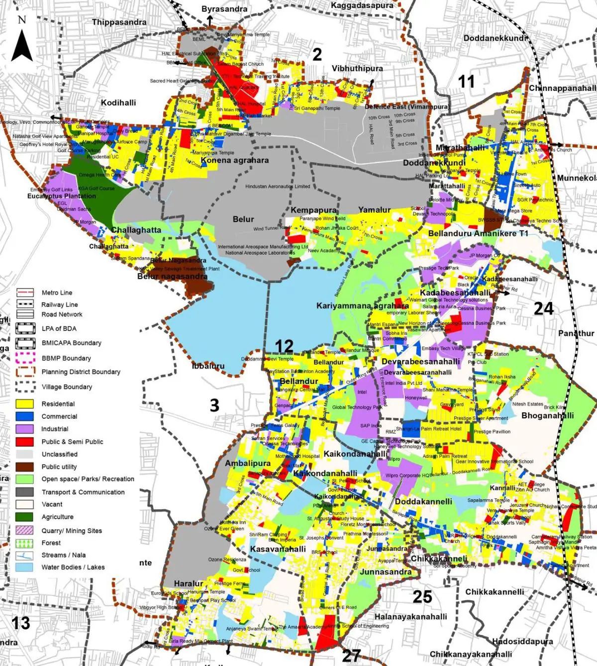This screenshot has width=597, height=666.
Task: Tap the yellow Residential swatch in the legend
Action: [25, 404]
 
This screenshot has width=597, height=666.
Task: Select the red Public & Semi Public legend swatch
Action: [25, 442]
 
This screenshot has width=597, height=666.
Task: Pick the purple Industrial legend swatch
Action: [25, 429]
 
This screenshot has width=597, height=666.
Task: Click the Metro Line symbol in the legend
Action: [25, 292]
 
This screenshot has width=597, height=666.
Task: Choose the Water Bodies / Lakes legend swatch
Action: [25, 567]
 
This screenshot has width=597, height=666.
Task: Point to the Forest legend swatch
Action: [25, 543]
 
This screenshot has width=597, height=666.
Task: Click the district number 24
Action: [543, 309]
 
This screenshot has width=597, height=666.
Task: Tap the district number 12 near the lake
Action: [284, 346]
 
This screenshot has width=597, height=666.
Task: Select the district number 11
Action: [466, 82]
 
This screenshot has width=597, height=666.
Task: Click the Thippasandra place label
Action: [119, 22]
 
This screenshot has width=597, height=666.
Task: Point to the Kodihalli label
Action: [118, 102]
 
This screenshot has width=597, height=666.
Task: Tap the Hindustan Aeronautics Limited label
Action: [278, 187]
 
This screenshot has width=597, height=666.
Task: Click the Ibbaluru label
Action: [208, 366]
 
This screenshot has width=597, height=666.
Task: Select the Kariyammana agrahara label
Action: [363, 306]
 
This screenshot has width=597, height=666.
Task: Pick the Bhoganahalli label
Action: [547, 415]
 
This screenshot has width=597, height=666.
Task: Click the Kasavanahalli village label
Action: [278, 549]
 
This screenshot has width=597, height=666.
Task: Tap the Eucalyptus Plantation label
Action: [62, 196]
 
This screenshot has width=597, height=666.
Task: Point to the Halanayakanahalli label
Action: [410, 617]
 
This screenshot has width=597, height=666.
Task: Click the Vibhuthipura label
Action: [357, 69]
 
